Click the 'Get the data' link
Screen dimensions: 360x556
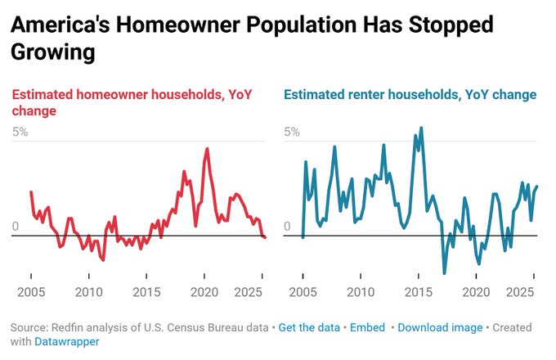point(309,327)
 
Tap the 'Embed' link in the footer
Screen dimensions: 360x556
point(367,327)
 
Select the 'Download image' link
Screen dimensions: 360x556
point(440,327)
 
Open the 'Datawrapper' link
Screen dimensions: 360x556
point(67,342)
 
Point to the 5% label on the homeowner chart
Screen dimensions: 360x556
point(20,132)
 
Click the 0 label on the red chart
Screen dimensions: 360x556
point(14,227)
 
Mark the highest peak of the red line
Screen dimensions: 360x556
point(207,149)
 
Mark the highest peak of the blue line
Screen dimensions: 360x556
point(421,128)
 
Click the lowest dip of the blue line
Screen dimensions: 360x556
point(445,272)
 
